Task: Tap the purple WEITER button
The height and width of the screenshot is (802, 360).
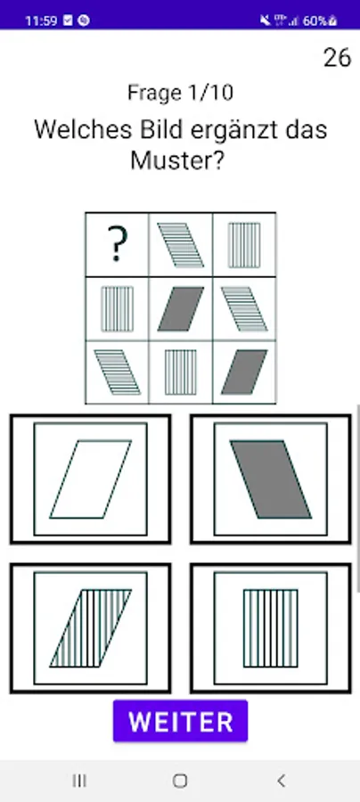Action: (x=181, y=721)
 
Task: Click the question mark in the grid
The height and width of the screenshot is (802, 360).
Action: (x=117, y=244)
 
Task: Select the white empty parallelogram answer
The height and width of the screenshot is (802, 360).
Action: (x=91, y=479)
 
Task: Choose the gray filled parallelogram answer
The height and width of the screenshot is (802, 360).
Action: (x=271, y=479)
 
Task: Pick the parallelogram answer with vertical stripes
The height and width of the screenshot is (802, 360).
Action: (x=91, y=628)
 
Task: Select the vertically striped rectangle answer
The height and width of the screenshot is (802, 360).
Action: (x=271, y=628)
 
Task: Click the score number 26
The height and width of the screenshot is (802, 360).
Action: (x=338, y=58)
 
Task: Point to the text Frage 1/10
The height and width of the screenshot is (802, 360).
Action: (x=181, y=93)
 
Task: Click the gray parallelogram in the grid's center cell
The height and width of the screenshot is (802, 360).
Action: (x=181, y=309)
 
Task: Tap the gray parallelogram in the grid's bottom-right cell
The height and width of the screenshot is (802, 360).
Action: (x=244, y=372)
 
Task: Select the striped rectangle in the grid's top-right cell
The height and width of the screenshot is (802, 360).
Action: (x=244, y=245)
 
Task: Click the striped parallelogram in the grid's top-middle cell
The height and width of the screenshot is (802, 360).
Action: (x=181, y=245)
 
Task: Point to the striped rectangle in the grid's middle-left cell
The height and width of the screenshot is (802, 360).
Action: (x=117, y=309)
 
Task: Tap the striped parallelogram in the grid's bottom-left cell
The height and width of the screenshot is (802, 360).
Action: (x=117, y=372)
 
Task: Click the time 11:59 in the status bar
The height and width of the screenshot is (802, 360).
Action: (x=41, y=21)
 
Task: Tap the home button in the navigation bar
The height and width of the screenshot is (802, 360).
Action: (x=180, y=781)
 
